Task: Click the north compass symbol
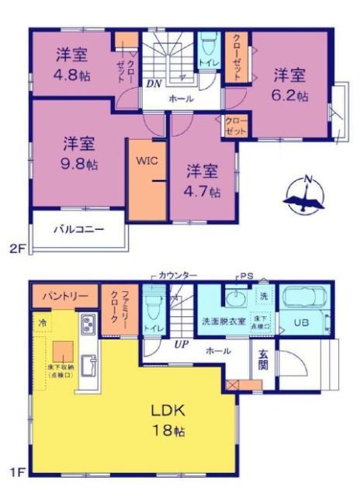[306, 196]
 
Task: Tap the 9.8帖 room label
[80, 154]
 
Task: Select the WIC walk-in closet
[147, 162]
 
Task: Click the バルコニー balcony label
[78, 230]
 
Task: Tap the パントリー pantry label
[65, 296]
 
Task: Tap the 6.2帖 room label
[290, 85]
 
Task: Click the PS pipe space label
[247, 276]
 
